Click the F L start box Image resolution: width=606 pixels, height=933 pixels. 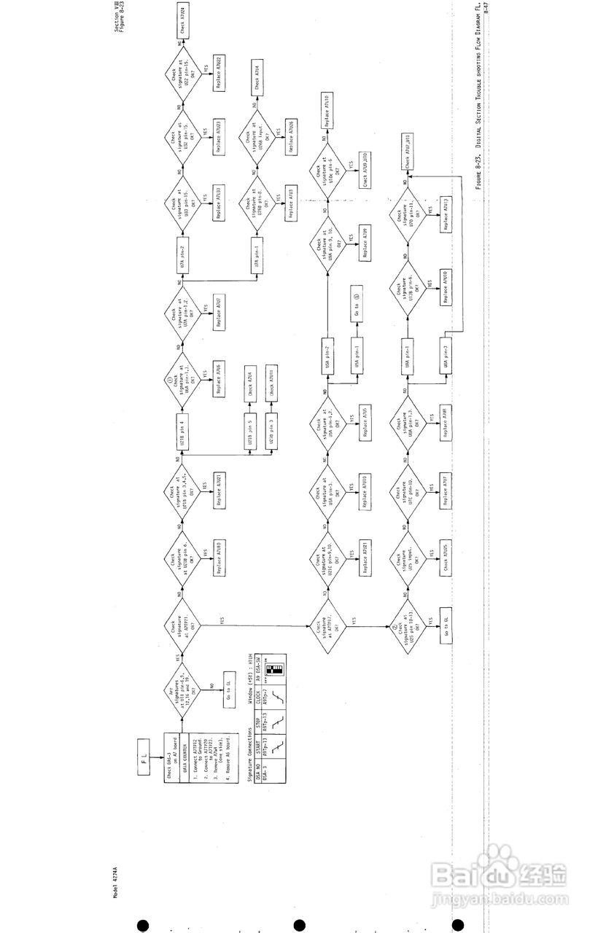143,751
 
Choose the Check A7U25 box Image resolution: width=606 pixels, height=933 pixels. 445,562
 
